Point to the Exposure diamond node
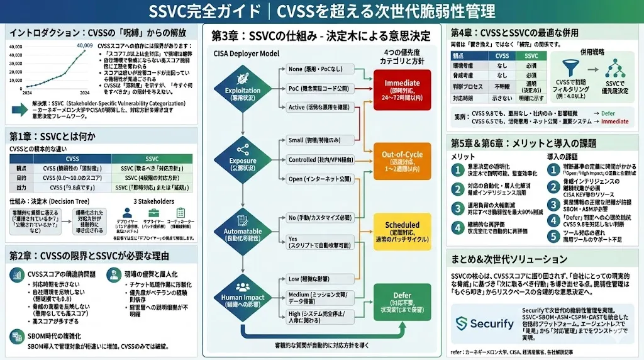click(243, 158)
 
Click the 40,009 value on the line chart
click(85, 46)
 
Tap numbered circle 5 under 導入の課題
click(553, 237)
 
